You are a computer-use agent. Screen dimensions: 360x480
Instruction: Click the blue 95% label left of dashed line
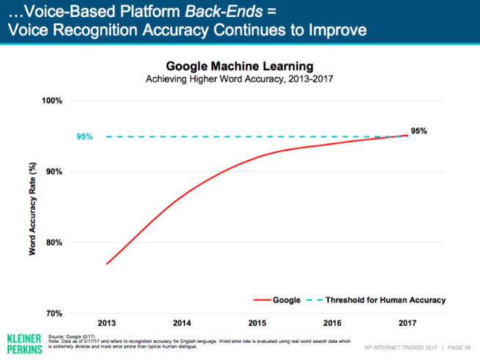point(84,137)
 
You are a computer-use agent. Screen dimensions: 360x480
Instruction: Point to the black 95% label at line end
point(419,130)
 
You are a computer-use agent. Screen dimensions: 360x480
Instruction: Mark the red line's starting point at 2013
point(107,264)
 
